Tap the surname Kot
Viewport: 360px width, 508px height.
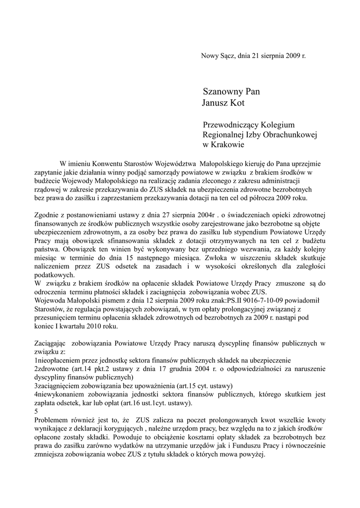pyautogui.click(x=238, y=103)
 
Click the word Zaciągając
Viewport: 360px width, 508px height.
pyautogui.click(x=51, y=343)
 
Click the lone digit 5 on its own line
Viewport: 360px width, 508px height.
pyautogui.click(x=36, y=411)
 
